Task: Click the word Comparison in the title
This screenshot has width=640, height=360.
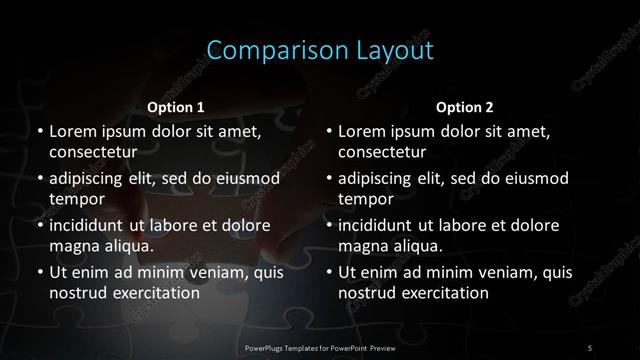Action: [x=262, y=51]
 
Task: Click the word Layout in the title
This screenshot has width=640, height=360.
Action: [x=382, y=51]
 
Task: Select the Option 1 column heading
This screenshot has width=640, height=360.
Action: [x=176, y=107]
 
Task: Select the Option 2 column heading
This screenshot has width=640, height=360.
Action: [x=465, y=107]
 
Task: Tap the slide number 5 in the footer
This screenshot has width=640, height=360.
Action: [x=590, y=346]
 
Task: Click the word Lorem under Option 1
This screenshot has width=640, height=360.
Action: [x=73, y=132]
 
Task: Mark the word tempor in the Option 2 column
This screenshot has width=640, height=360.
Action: [x=366, y=199]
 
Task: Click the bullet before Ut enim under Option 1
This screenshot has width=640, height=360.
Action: [x=38, y=272]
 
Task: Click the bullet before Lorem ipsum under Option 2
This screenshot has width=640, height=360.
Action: [x=328, y=132]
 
